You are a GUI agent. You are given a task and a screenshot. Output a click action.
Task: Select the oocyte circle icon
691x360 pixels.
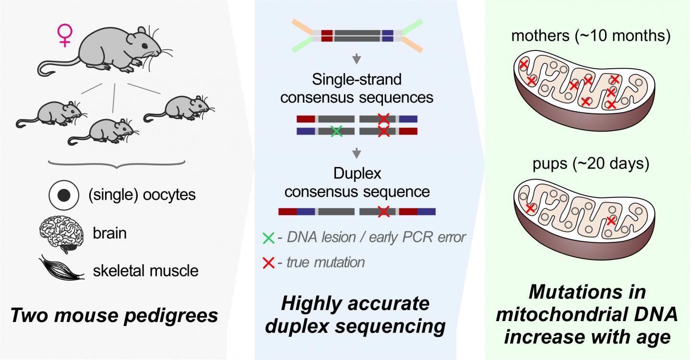point(63,195)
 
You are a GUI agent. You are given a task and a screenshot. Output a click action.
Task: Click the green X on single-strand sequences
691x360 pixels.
point(337,131)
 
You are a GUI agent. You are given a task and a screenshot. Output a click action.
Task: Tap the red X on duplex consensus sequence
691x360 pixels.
point(383,211)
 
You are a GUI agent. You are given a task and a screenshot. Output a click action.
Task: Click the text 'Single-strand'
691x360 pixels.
point(357,78)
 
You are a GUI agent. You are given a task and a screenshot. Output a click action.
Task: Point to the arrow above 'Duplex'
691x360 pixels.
point(357,154)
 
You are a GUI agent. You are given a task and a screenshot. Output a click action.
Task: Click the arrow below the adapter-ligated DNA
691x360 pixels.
point(357,60)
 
